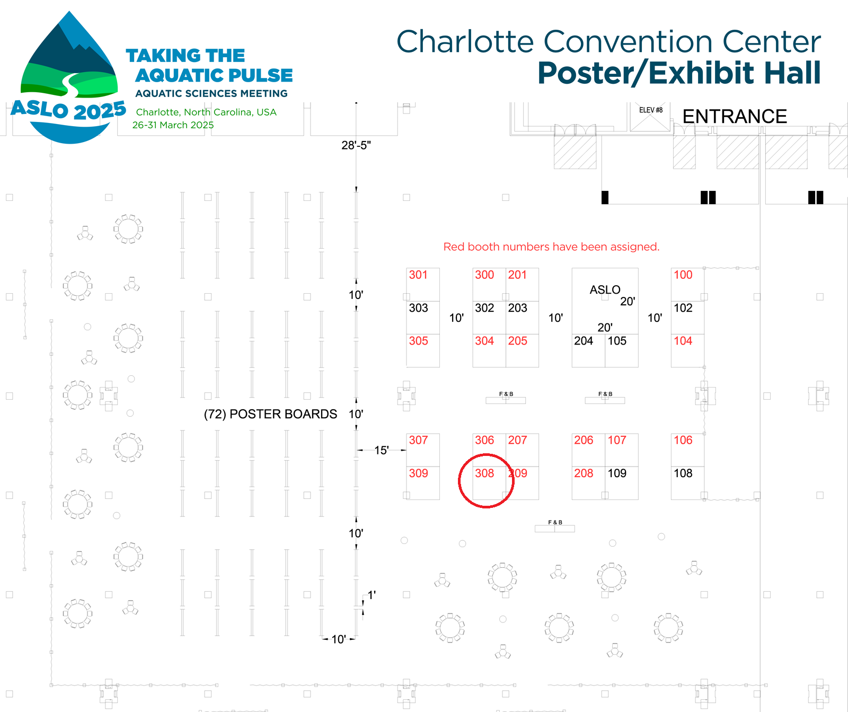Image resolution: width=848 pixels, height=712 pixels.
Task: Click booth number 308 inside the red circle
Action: [x=484, y=473]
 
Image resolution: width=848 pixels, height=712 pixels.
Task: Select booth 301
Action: [x=418, y=275]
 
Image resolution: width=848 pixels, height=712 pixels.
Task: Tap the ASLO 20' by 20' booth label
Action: [x=605, y=290]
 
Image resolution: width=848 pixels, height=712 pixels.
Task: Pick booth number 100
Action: [x=683, y=275]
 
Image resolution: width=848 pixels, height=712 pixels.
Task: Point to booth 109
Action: [x=617, y=473]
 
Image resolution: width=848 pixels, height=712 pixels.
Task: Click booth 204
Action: [x=584, y=341]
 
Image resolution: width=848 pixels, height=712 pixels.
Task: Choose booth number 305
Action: [x=418, y=341]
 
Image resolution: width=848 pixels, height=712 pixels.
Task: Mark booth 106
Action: [x=683, y=440]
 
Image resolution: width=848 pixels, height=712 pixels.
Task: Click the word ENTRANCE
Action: [x=735, y=116]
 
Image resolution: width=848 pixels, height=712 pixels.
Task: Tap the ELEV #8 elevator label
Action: [x=651, y=110]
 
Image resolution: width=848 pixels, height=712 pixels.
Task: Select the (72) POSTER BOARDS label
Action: [x=270, y=414]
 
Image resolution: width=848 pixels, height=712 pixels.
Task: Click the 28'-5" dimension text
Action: [x=356, y=145]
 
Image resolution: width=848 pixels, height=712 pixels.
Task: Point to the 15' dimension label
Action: [x=382, y=450]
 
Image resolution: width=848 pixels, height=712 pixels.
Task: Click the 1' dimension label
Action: [x=372, y=595]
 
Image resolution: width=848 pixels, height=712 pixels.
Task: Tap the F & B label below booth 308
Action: [x=555, y=523]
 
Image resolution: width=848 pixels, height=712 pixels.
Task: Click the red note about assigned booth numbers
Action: [x=551, y=247]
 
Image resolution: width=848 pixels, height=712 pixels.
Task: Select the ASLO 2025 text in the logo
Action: [x=68, y=110]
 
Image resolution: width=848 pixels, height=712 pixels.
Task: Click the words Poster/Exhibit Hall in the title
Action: [x=679, y=73]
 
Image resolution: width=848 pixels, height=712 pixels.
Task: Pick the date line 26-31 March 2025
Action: [x=173, y=125]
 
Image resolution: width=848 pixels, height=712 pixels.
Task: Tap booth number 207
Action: [x=517, y=440]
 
